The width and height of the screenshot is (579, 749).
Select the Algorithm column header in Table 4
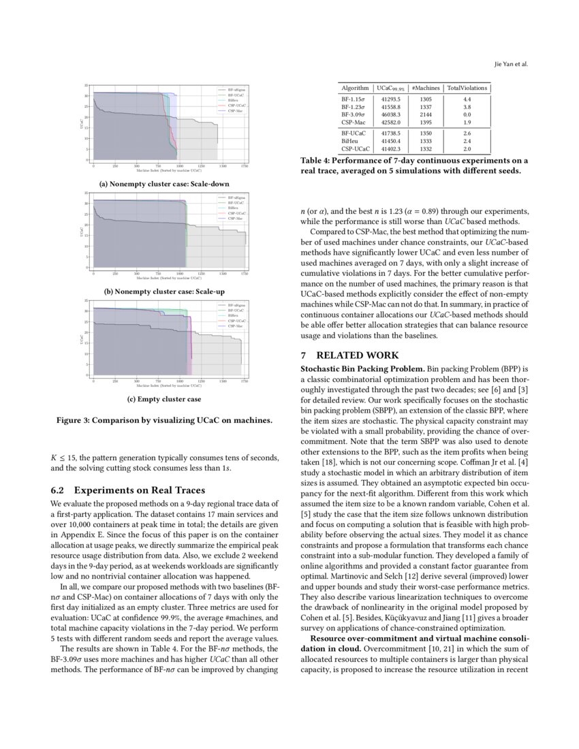(355, 88)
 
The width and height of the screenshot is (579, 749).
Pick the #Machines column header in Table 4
(426, 88)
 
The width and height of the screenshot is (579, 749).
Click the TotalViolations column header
(467, 88)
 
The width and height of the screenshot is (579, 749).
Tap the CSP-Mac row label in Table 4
(354, 122)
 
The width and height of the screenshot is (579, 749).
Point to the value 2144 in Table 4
(426, 114)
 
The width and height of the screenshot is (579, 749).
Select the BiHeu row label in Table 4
(351, 140)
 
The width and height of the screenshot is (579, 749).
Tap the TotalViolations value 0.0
(467, 114)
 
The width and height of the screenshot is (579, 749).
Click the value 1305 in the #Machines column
(426, 99)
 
